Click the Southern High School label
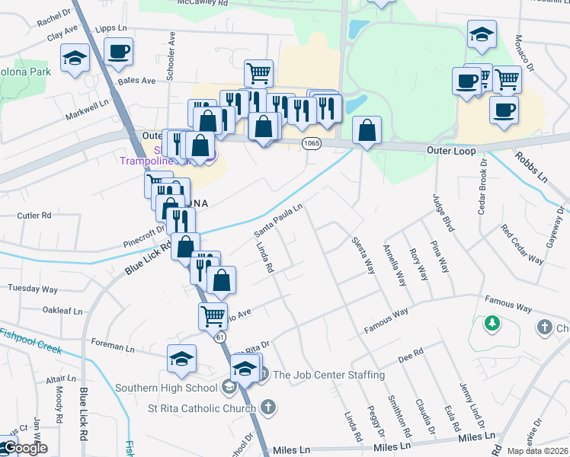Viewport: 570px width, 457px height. coord(167,388)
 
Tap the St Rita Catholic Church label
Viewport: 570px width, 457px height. coord(201,408)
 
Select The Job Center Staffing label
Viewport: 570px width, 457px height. coord(328,375)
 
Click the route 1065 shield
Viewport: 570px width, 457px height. coord(311,142)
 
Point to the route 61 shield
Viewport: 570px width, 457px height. coord(219,336)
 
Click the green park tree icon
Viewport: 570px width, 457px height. coord(492,323)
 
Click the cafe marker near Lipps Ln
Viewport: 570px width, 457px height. coord(118,51)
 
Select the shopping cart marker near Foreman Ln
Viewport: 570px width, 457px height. coord(213,314)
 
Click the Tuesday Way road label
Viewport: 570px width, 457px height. coord(33,289)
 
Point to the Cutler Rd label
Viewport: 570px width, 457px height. coord(34,216)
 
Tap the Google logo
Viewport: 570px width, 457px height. coord(25,448)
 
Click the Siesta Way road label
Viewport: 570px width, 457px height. coord(363,254)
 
